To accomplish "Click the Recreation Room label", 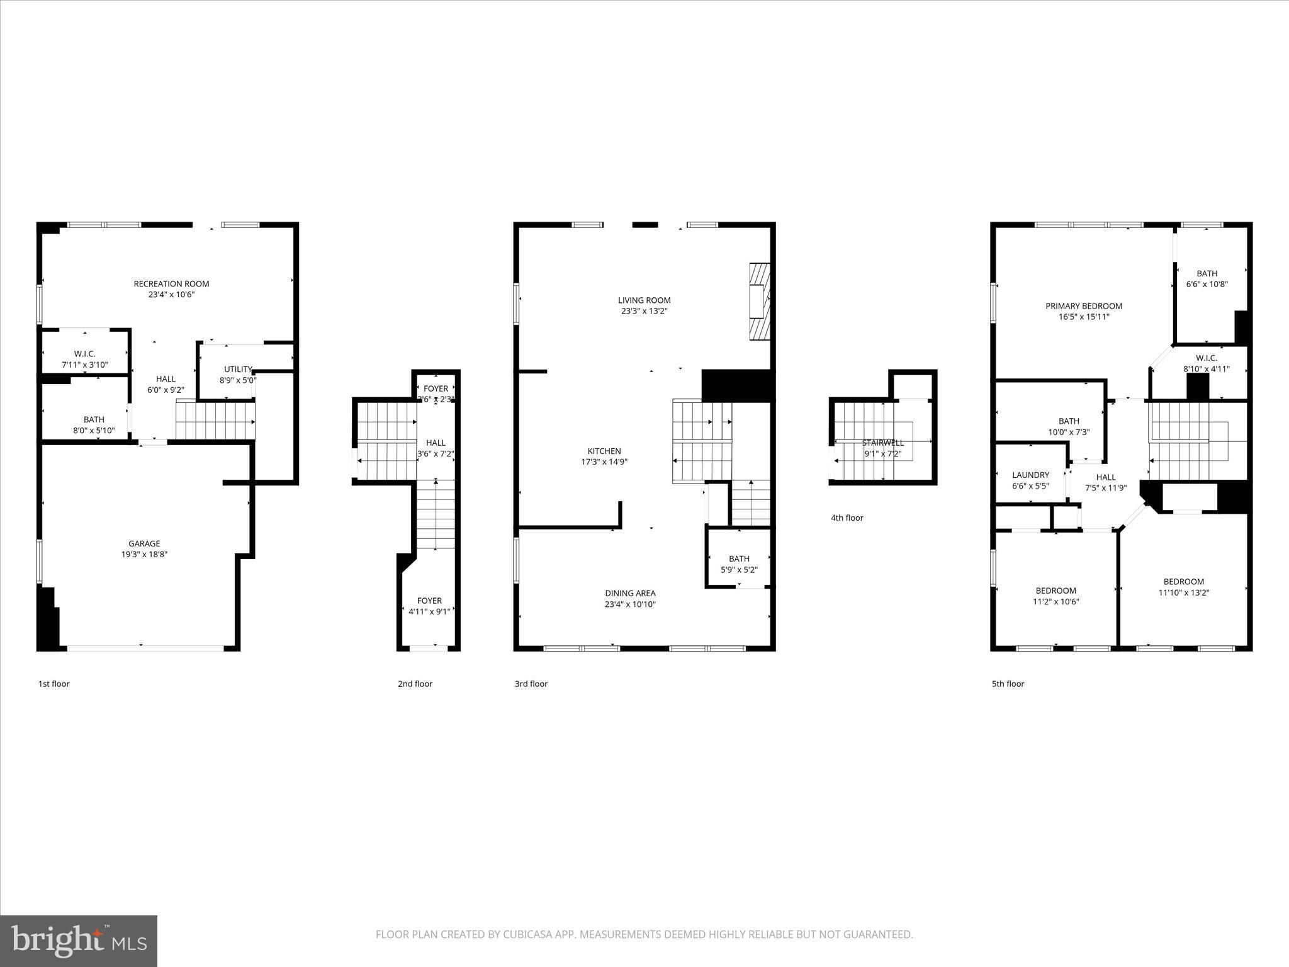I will pos(171,284).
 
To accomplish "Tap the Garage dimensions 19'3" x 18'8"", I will pos(145,555).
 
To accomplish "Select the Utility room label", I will pos(238,370).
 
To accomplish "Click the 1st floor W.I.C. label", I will pos(84,354).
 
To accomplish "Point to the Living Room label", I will pos(644,300).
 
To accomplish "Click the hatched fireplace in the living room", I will pos(760,302).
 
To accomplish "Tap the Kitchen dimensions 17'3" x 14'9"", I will pos(604,462).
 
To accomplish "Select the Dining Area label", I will pos(630,593).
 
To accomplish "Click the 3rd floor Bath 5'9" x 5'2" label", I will pos(739,559).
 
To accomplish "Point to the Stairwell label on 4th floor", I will pos(882,443).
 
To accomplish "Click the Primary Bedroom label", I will pos(1083,306).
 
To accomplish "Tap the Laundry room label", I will pos(1030,475).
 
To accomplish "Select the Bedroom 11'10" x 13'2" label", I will pos(1183,582).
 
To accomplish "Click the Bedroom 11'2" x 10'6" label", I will pos(1055,591).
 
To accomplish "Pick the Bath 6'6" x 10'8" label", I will pos(1207,273).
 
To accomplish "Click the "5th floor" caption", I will pos(1008,684).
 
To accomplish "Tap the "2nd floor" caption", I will pos(415,684).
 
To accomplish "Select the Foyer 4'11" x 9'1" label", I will pos(429,601).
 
